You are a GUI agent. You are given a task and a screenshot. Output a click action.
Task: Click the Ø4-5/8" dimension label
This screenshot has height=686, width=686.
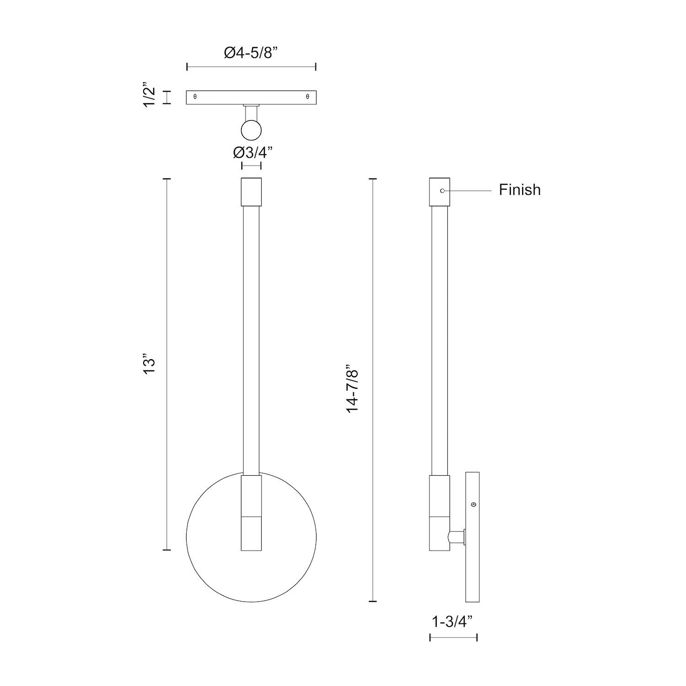pyautogui.click(x=251, y=53)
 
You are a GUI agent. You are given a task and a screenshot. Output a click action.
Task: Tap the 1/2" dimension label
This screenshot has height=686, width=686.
pyautogui.click(x=150, y=96)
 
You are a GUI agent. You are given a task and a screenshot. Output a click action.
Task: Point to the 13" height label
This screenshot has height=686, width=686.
pyautogui.click(x=150, y=364)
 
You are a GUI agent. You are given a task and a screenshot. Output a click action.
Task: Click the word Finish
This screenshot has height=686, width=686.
pyautogui.click(x=520, y=190)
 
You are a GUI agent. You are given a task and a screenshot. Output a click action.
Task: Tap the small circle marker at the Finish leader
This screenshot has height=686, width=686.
pyautogui.click(x=442, y=190)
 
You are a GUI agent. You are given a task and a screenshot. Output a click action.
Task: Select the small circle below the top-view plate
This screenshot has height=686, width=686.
pyautogui.click(x=251, y=130)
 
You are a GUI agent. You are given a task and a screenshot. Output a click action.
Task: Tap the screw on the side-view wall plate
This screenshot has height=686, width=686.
pyautogui.click(x=473, y=504)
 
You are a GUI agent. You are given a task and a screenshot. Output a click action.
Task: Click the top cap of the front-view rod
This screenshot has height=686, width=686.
pyautogui.click(x=251, y=192)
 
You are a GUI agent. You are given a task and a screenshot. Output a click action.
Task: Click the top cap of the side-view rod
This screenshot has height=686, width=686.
pyautogui.click(x=439, y=192)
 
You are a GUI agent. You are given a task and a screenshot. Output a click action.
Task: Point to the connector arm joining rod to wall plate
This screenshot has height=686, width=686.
pyautogui.click(x=456, y=537)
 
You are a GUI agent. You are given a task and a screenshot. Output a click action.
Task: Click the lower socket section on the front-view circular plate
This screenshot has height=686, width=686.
pyautogui.click(x=251, y=533)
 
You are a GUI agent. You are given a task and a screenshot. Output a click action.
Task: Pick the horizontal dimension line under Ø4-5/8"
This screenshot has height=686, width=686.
pyautogui.click(x=251, y=68)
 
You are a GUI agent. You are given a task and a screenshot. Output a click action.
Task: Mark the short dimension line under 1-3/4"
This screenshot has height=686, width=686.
pyautogui.click(x=453, y=637)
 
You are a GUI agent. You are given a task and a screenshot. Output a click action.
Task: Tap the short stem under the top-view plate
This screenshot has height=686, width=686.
pyautogui.click(x=251, y=112)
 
